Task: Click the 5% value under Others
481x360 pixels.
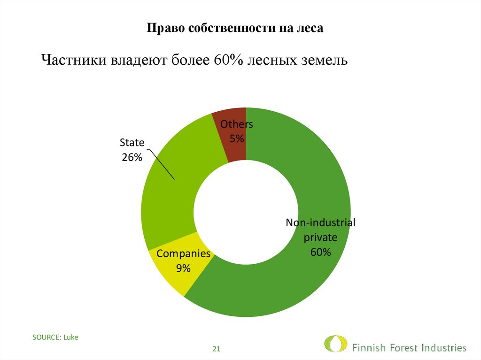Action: point(237,138)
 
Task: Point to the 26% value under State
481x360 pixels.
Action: point(132,158)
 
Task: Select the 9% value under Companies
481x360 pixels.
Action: point(183,268)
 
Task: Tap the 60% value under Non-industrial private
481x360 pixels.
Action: point(320,252)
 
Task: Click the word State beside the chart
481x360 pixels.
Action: point(132,143)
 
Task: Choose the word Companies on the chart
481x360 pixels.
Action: point(183,254)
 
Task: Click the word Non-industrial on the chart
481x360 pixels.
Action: point(320,222)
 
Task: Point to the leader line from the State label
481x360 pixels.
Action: point(162,165)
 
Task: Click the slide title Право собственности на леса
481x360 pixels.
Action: point(235,28)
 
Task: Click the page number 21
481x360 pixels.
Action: point(217,349)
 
